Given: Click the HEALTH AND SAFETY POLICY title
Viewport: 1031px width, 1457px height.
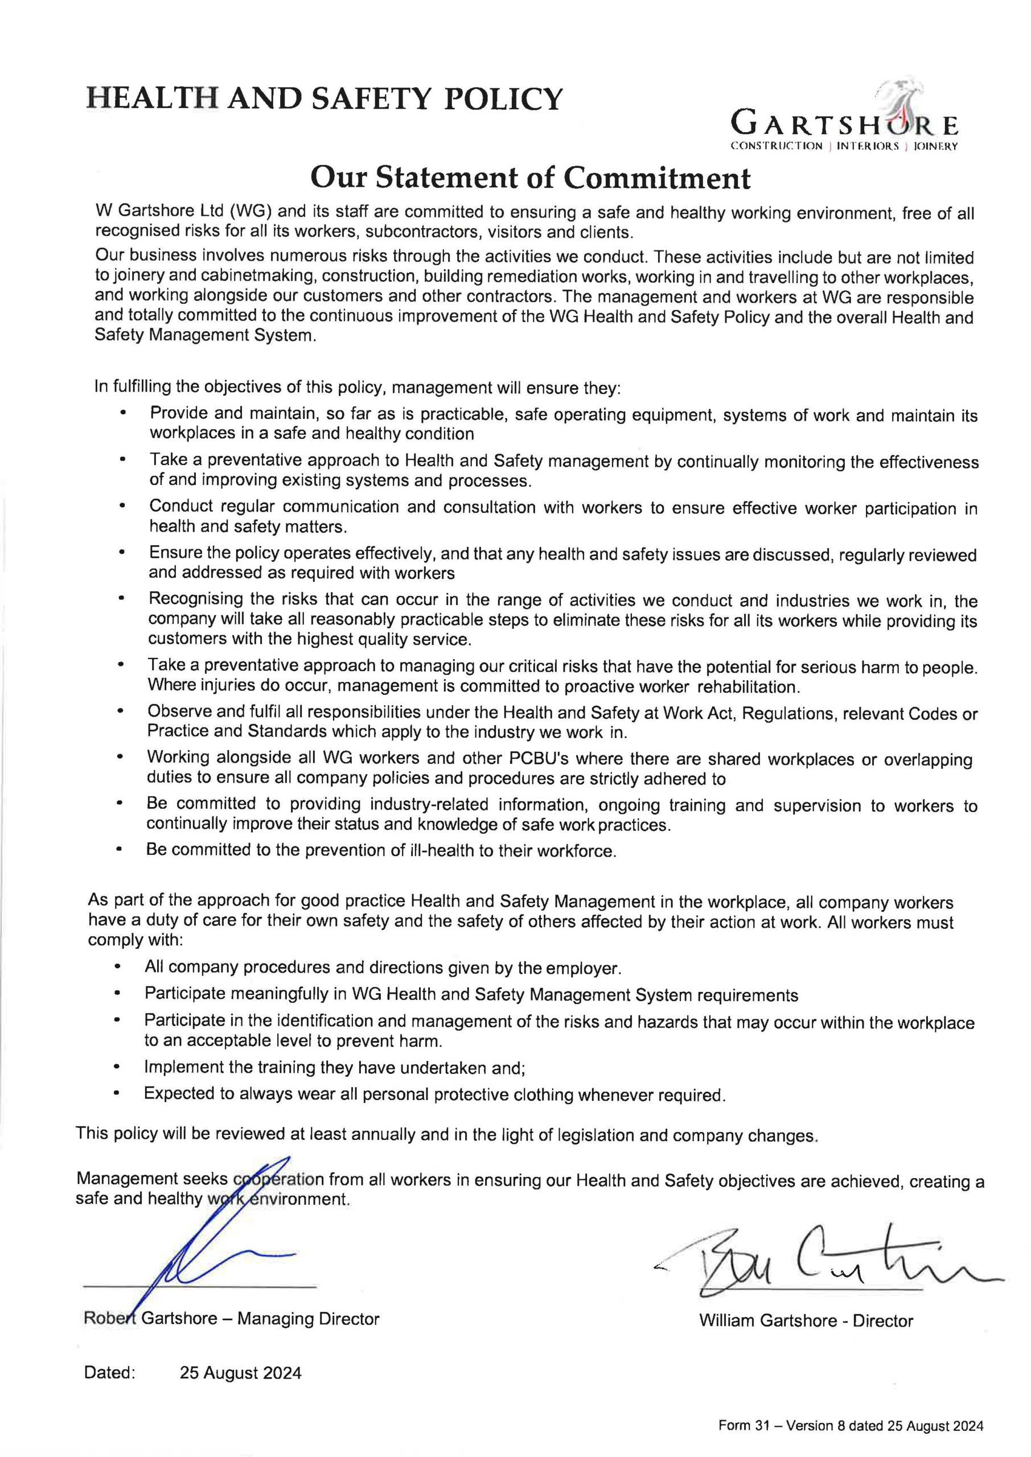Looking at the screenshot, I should point(324,100).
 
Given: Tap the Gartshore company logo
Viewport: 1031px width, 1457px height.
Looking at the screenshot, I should point(844,120).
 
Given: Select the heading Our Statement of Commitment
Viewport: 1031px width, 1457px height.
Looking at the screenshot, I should point(529,178).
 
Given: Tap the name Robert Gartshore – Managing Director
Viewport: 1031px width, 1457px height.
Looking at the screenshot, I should point(231,1319).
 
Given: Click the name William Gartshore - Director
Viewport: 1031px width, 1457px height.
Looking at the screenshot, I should point(806,1320).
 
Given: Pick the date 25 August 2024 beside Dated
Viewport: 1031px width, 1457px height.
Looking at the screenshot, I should point(241,1373).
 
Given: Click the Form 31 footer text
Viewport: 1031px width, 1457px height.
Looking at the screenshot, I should point(850,1426).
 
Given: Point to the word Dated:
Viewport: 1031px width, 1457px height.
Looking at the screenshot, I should point(109,1373).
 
